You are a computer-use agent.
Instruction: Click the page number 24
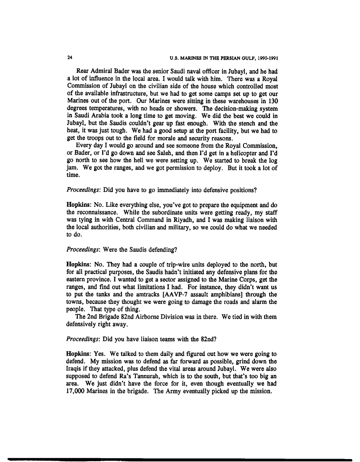69,57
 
